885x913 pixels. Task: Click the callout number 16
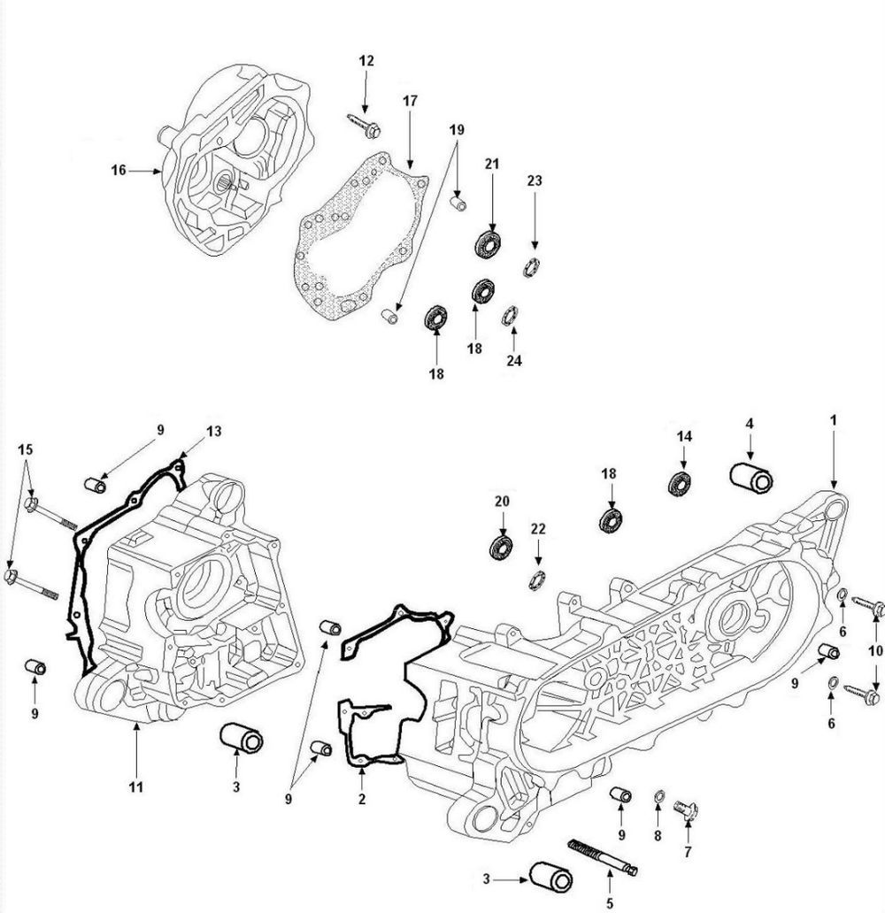pyautogui.click(x=119, y=171)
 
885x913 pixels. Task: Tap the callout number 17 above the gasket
pyautogui.click(x=410, y=102)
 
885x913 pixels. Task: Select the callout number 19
pyautogui.click(x=456, y=129)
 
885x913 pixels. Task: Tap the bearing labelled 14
pyautogui.click(x=680, y=484)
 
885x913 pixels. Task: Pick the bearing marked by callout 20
pyautogui.click(x=502, y=546)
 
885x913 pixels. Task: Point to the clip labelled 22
pyautogui.click(x=535, y=579)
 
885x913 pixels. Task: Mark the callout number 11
pyautogui.click(x=136, y=786)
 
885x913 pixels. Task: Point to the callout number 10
pyautogui.click(x=875, y=651)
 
